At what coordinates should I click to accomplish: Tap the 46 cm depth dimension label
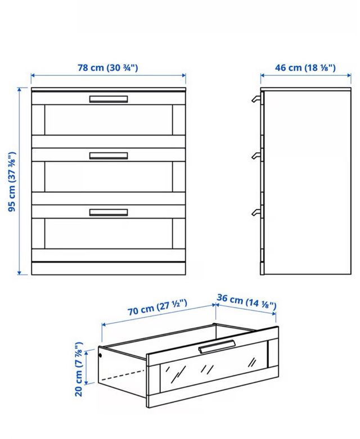305,69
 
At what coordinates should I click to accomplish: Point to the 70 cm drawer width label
156,307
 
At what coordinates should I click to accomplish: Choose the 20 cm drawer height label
79,368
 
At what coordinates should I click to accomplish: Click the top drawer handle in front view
109,99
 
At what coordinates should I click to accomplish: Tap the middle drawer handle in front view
109,156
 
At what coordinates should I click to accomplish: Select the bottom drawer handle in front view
109,212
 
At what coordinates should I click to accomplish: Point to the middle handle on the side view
256,155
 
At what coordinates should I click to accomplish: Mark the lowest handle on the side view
256,211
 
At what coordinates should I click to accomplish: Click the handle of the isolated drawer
217,347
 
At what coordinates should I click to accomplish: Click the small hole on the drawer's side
101,355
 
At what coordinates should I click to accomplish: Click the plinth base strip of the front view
109,269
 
